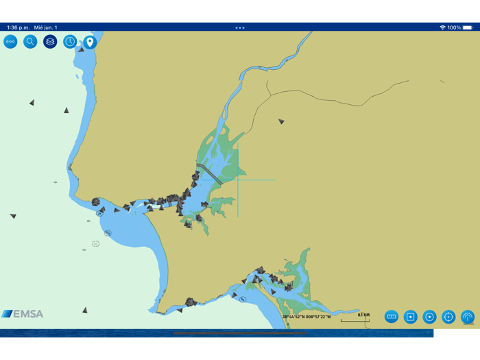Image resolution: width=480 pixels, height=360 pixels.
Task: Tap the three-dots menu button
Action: click(x=10, y=42)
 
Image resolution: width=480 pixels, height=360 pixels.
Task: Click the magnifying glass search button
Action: click(x=30, y=42)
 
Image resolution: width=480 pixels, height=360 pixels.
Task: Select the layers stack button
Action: click(x=50, y=42)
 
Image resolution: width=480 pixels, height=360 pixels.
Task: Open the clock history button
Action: click(x=70, y=42)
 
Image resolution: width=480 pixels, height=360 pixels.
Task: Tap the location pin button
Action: click(x=90, y=42)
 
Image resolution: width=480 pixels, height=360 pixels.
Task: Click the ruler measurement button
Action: click(x=392, y=316)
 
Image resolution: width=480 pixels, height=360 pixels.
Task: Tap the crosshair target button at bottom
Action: click(x=448, y=316)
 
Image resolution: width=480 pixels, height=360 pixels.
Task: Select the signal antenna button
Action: click(x=468, y=316)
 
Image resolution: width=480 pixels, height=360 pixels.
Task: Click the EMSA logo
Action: click(x=23, y=314)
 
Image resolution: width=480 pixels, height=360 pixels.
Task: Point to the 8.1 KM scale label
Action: click(x=363, y=315)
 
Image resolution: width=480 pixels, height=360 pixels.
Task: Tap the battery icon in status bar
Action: click(x=468, y=27)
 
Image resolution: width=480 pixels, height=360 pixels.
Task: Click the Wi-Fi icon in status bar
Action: click(x=442, y=27)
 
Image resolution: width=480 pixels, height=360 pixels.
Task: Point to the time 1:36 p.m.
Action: click(x=18, y=27)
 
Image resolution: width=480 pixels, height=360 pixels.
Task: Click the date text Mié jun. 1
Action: click(x=47, y=27)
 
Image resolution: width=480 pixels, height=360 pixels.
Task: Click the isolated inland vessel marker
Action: click(x=281, y=121)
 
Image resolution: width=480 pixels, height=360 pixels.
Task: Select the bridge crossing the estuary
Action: click(x=209, y=173)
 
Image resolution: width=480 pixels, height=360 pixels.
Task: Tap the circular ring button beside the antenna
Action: click(x=429, y=316)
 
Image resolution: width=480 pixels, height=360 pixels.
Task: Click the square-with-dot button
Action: click(x=411, y=316)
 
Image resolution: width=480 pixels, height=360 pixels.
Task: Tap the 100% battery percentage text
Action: click(x=454, y=27)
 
